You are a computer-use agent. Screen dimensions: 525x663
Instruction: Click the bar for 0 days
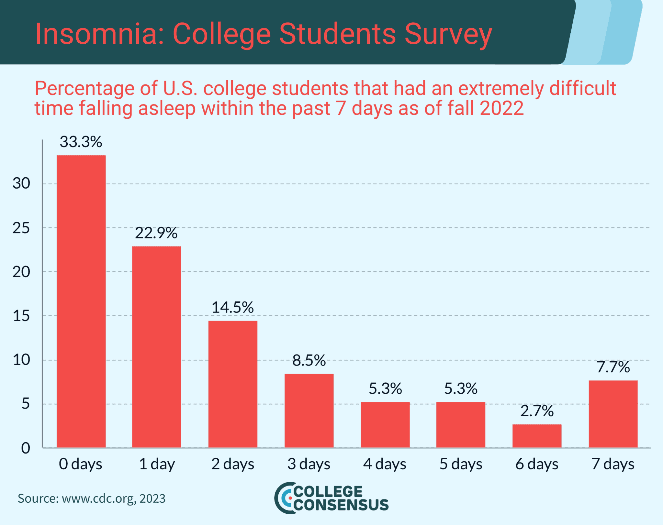tap(81, 301)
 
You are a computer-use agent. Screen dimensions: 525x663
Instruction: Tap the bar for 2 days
tap(232, 384)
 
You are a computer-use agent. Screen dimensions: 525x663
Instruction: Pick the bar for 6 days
tap(537, 436)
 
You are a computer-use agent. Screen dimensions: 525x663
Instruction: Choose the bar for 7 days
tap(613, 414)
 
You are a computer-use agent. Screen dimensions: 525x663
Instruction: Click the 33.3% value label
tap(81, 142)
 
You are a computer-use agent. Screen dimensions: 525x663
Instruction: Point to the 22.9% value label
tap(156, 233)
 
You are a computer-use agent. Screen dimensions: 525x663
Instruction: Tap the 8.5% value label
tap(309, 360)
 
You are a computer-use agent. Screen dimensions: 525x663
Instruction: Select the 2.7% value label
tap(537, 411)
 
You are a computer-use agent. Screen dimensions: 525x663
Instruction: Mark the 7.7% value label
tap(613, 367)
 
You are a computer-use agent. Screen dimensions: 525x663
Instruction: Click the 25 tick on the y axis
tap(21, 228)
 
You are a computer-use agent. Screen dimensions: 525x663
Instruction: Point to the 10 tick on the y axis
tap(21, 360)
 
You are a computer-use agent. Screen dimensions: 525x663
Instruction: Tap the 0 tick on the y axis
tap(26, 448)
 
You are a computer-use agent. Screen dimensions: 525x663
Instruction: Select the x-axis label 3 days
tap(309, 464)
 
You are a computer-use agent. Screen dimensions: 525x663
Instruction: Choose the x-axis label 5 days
tap(461, 464)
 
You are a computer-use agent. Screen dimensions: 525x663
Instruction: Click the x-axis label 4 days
tap(385, 464)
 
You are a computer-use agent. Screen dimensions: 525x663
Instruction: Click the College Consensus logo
tap(331, 498)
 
